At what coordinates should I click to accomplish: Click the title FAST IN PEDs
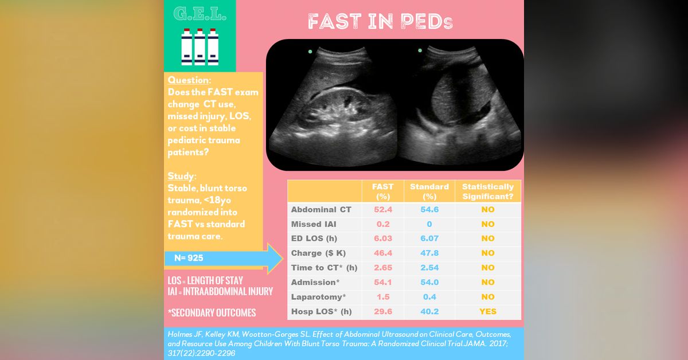click(380, 22)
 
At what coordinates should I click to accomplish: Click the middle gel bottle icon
click(200, 46)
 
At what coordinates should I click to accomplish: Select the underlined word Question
click(189, 80)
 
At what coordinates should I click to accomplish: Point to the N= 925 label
click(189, 258)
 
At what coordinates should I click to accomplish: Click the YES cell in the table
click(488, 311)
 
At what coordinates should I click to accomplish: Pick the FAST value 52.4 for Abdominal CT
click(382, 210)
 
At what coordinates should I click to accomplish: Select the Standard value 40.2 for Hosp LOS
click(429, 311)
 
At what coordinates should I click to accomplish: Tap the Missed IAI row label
click(314, 224)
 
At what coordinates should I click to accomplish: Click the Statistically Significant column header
click(488, 191)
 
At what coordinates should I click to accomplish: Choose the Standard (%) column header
click(429, 191)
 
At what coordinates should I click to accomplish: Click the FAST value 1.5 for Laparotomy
click(382, 297)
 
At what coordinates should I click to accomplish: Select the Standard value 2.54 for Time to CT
click(429, 268)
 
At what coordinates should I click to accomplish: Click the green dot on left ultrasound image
click(310, 52)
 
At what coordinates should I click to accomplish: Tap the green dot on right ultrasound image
click(420, 50)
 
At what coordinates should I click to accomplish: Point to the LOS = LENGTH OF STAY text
click(205, 281)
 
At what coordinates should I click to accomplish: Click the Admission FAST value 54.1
click(382, 282)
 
